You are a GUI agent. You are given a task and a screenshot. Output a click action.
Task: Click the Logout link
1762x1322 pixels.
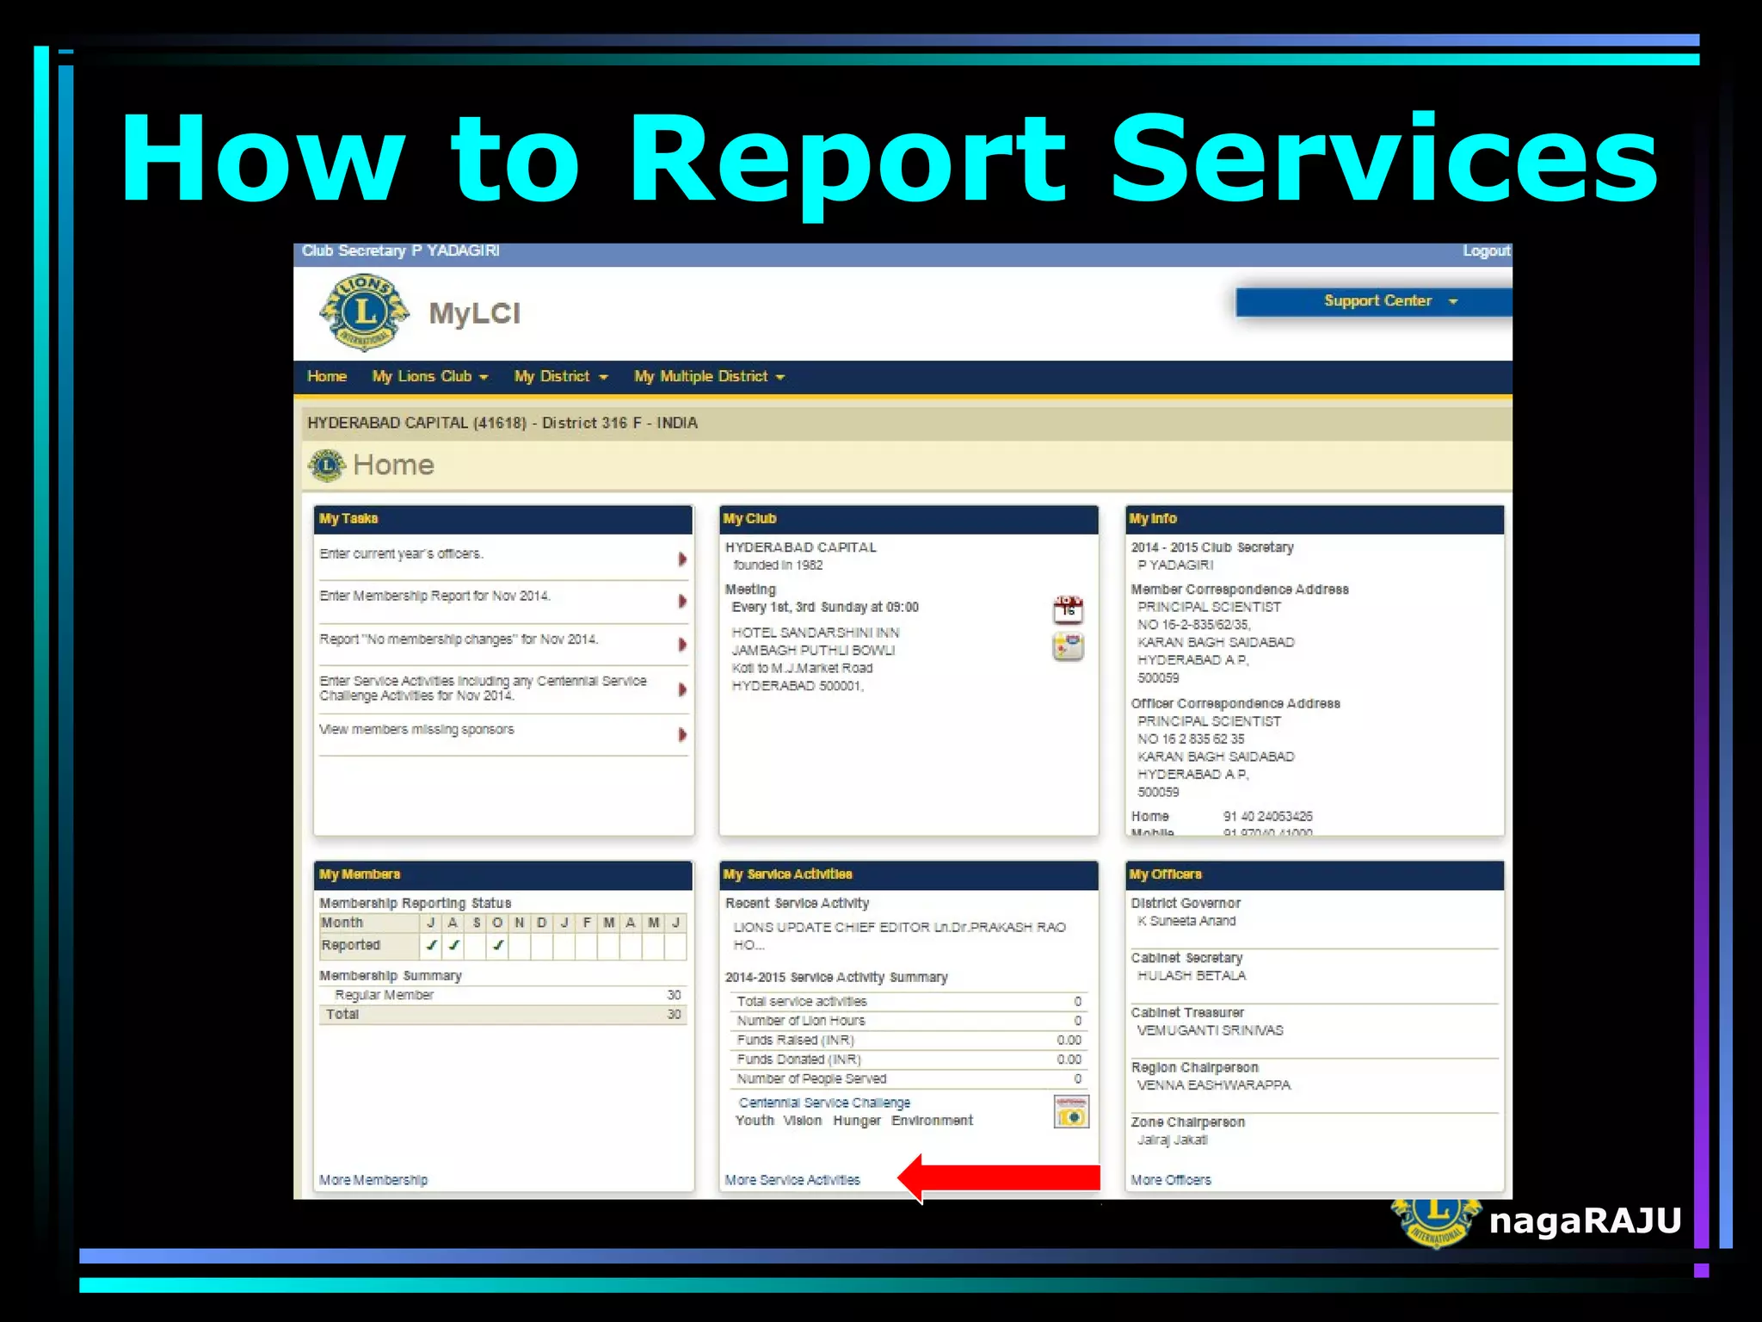(x=1486, y=251)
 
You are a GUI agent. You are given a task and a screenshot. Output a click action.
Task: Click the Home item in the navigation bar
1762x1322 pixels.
(x=327, y=377)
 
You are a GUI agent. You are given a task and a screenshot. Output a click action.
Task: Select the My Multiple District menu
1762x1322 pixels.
(x=709, y=377)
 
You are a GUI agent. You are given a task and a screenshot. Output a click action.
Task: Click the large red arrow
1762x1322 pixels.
(x=998, y=1177)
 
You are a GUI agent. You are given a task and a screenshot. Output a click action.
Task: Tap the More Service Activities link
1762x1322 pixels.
(x=792, y=1180)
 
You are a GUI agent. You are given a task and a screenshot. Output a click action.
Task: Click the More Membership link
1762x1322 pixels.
(x=373, y=1180)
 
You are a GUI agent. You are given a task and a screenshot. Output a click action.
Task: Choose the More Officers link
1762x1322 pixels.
(x=1171, y=1180)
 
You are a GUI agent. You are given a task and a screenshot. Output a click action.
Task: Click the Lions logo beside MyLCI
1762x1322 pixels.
(x=365, y=312)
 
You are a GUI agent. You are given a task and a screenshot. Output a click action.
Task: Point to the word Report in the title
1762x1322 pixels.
(x=847, y=161)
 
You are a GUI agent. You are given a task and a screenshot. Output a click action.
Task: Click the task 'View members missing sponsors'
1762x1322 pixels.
(x=417, y=730)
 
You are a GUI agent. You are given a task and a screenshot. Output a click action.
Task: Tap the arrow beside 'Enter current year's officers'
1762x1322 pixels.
(x=682, y=559)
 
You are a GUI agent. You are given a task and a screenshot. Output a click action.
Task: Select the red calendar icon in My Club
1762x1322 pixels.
(x=1068, y=609)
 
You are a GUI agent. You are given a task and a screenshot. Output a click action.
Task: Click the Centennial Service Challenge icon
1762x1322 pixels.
(x=1071, y=1112)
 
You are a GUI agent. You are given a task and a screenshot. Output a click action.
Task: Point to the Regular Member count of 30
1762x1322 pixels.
(x=674, y=995)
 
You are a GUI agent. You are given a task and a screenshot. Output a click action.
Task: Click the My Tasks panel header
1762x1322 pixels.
(x=503, y=519)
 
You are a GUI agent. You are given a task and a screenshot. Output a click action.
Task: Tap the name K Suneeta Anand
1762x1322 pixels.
(x=1186, y=921)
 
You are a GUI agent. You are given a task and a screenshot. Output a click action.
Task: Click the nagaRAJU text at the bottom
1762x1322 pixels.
(x=1585, y=1220)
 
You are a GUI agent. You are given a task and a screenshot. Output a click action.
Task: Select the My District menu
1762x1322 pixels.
(x=561, y=377)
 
